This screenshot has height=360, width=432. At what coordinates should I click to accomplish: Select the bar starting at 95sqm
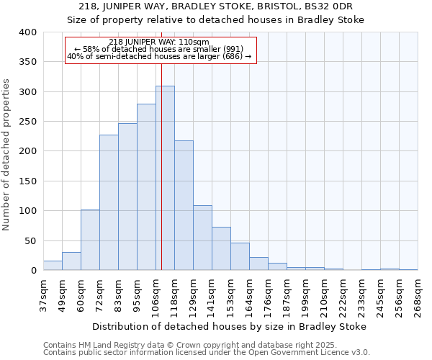146,187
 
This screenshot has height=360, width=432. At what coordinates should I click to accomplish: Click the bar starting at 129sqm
202,238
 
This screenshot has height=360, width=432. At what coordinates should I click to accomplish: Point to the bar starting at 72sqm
109,202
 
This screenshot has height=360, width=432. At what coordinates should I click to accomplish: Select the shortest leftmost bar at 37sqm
53,265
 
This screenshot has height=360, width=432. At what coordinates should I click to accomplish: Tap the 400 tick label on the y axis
27,32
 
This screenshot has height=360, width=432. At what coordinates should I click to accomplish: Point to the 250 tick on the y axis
27,122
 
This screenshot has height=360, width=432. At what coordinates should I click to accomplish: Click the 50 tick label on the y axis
30,240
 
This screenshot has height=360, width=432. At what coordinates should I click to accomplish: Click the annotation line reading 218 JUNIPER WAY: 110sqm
159,42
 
